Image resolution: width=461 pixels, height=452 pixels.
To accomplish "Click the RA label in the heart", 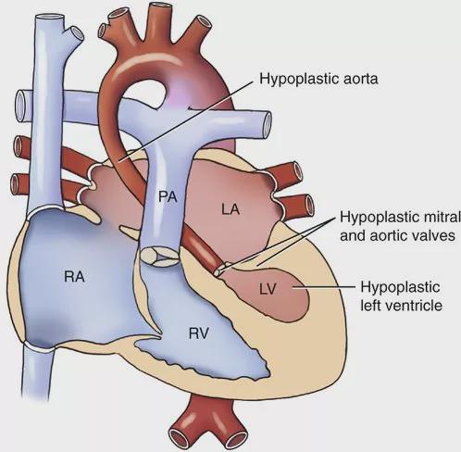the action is point(74,276).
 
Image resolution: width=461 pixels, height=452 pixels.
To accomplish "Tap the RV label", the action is point(199,333).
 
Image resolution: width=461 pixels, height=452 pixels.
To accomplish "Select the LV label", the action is point(268,289).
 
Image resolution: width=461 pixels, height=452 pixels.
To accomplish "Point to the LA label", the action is point(230,210).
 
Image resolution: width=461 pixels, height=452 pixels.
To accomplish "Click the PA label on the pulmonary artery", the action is point(168,196).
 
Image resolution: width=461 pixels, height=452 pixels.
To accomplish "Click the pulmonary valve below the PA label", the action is point(159,257).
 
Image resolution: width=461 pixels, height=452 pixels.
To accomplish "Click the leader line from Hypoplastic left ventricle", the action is point(323,287).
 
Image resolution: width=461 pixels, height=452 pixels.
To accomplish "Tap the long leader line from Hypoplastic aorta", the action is point(186,121).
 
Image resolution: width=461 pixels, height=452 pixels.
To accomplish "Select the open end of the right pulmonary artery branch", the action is point(22,106).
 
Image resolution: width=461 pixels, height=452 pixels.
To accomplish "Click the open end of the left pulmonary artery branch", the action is point(266,125).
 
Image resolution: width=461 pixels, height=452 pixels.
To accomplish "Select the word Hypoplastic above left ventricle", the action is point(400,287).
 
